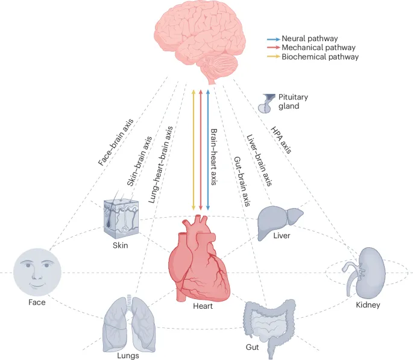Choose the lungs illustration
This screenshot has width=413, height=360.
[x=128, y=322]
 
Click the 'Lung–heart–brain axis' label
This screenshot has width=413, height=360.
[x=160, y=166]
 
